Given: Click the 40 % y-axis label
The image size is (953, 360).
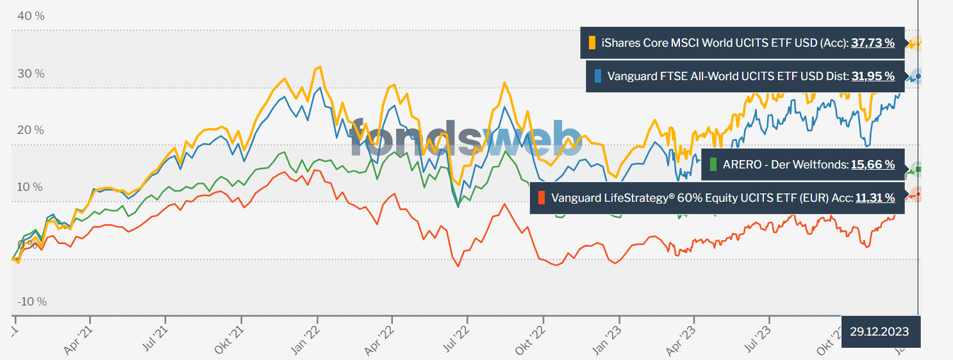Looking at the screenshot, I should pyautogui.click(x=30, y=16).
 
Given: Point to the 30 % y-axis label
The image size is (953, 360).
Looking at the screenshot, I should pyautogui.click(x=30, y=74).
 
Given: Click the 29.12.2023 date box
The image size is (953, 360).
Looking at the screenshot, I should pyautogui.click(x=879, y=332).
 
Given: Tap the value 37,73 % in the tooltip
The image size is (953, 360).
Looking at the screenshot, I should pyautogui.click(x=873, y=44).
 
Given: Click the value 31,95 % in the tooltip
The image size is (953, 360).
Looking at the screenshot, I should pyautogui.click(x=873, y=76).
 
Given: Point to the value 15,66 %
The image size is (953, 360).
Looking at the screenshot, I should pyautogui.click(x=873, y=165).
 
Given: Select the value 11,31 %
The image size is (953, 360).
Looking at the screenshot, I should pyautogui.click(x=875, y=198).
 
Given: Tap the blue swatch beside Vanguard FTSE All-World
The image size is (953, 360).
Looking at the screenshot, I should pyautogui.click(x=598, y=76).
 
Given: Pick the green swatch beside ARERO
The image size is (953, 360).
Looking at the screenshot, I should pyautogui.click(x=713, y=165).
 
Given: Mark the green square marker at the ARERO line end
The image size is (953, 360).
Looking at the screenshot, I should pyautogui.click(x=918, y=170).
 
